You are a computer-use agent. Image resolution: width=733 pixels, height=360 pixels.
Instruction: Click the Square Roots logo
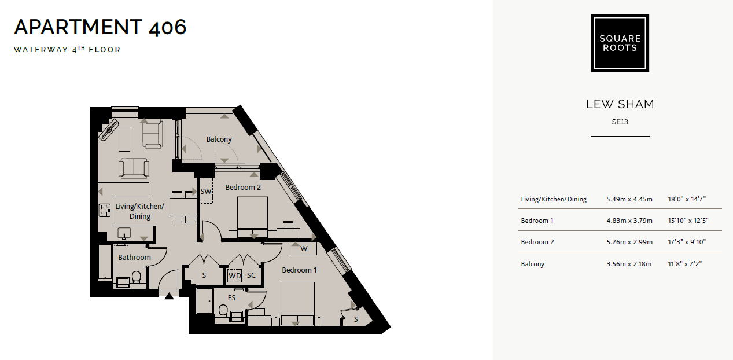coord(620,43)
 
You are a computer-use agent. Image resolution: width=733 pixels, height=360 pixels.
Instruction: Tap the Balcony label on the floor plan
coord(219,139)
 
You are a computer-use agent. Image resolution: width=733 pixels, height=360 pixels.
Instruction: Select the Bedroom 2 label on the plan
coord(243,187)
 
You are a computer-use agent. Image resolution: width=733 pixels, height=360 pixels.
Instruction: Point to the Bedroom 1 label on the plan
coord(299,270)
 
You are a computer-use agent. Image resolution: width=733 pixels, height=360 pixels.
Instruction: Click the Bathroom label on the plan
coord(134,257)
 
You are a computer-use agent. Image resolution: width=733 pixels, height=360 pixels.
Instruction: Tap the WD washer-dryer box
coord(235,275)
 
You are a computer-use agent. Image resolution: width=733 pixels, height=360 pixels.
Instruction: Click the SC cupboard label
coord(251,275)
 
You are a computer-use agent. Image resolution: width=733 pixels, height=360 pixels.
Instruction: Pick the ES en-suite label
coord(231,298)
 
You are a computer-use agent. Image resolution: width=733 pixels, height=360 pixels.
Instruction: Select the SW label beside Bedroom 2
coord(206,191)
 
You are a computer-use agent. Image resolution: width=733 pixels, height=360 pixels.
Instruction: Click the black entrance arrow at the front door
coord(169,296)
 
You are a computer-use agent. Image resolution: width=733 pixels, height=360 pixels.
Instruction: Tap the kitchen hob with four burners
coord(105,210)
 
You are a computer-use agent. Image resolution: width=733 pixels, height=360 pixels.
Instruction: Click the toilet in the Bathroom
coord(137,277)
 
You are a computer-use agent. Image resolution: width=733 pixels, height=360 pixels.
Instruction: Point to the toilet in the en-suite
coord(223,310)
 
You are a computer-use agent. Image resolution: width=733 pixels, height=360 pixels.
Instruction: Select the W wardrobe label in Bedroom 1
coord(304,249)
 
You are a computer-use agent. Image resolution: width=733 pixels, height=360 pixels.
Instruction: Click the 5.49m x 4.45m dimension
coord(629,199)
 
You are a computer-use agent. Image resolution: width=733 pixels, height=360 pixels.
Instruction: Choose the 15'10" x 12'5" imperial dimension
coord(688,221)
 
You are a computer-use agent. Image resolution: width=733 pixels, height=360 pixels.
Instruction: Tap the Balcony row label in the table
coord(533,264)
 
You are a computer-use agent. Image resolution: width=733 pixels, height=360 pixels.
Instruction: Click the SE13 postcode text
coord(620,122)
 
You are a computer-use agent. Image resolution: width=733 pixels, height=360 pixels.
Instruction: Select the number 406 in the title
coord(168,27)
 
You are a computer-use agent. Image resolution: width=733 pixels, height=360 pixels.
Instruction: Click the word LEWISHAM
coord(620,104)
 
